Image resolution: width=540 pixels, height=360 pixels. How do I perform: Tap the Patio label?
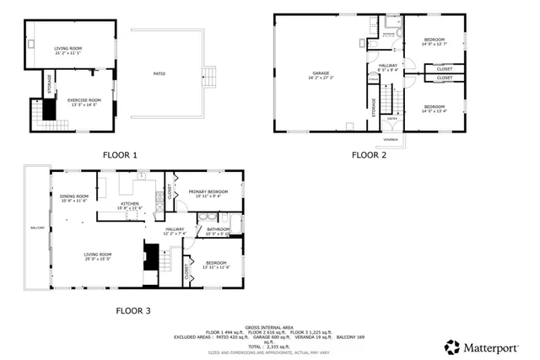(159, 75)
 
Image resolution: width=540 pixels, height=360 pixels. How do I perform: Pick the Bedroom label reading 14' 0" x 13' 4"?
(434, 107)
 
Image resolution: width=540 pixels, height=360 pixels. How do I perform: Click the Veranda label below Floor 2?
(391, 139)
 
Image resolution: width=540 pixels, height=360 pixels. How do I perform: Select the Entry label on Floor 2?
(390, 121)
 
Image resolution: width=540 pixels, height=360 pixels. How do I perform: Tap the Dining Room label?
(74, 198)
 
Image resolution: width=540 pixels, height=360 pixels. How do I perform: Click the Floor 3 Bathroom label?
(219, 230)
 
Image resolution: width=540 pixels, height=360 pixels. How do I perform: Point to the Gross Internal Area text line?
(269, 326)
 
